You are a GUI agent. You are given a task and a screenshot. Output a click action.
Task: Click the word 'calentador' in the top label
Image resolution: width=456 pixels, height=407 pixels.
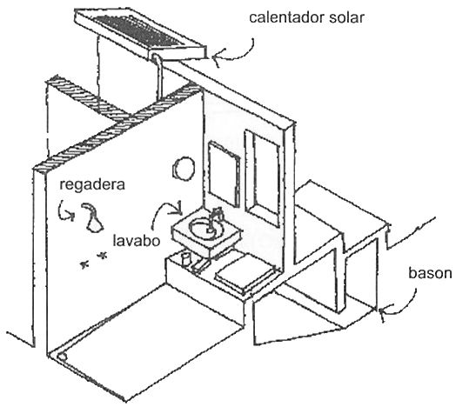(287, 17)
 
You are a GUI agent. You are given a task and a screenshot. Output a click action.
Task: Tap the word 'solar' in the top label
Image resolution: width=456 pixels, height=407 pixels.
(346, 17)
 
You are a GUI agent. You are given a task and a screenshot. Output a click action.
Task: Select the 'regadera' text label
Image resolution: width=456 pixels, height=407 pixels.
(92, 185)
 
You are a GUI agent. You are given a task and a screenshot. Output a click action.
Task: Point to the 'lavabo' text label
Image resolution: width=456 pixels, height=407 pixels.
(137, 241)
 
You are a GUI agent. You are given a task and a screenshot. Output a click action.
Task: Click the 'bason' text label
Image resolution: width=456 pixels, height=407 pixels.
(430, 273)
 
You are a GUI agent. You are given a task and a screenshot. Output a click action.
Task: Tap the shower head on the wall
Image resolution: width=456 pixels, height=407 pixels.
(93, 218)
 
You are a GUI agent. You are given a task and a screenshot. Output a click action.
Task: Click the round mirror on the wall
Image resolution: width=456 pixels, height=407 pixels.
(184, 169)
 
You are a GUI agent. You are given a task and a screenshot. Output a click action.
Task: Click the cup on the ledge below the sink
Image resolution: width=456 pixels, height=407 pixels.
(186, 259)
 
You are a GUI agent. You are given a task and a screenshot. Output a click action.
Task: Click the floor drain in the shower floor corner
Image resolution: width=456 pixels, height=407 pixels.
(63, 357)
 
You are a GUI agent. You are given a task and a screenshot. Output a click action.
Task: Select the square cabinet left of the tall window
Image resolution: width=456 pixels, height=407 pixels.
(224, 174)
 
